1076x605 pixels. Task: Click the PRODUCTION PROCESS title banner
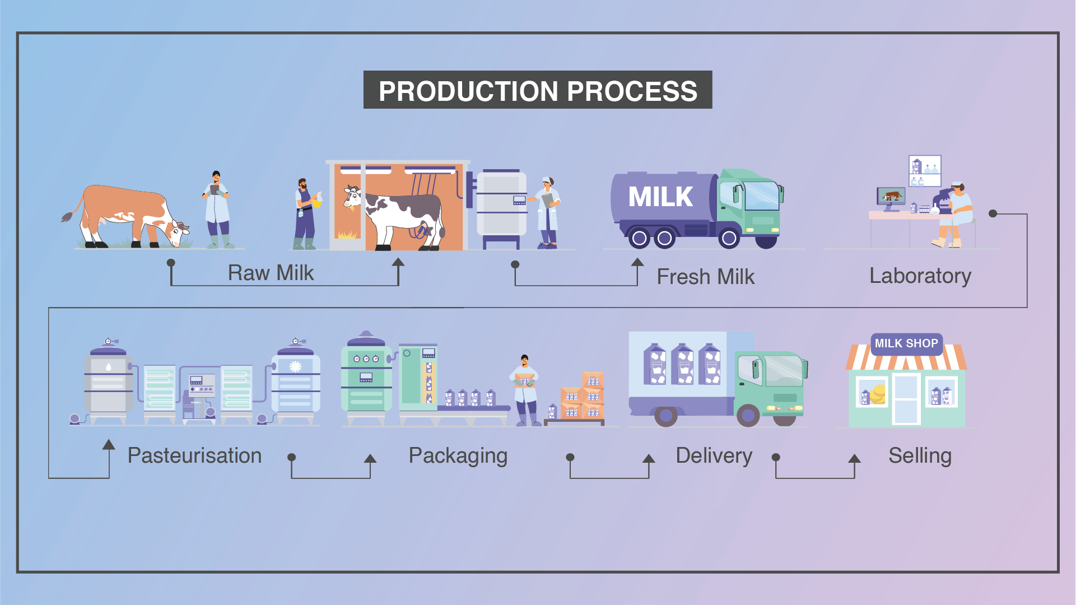[538, 90]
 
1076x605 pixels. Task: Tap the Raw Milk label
[271, 273]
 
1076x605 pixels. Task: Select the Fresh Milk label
[706, 277]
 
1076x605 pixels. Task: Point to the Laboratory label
[920, 276]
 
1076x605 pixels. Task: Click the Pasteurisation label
[194, 455]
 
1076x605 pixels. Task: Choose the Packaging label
[458, 456]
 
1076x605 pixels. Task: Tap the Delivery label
[714, 456]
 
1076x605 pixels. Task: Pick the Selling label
[920, 456]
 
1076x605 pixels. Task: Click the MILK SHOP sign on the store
[906, 343]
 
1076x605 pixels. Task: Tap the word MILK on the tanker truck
[660, 197]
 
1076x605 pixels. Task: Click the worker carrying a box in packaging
[525, 390]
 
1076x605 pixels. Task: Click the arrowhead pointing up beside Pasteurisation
[109, 445]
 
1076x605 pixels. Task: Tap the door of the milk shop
[906, 399]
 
